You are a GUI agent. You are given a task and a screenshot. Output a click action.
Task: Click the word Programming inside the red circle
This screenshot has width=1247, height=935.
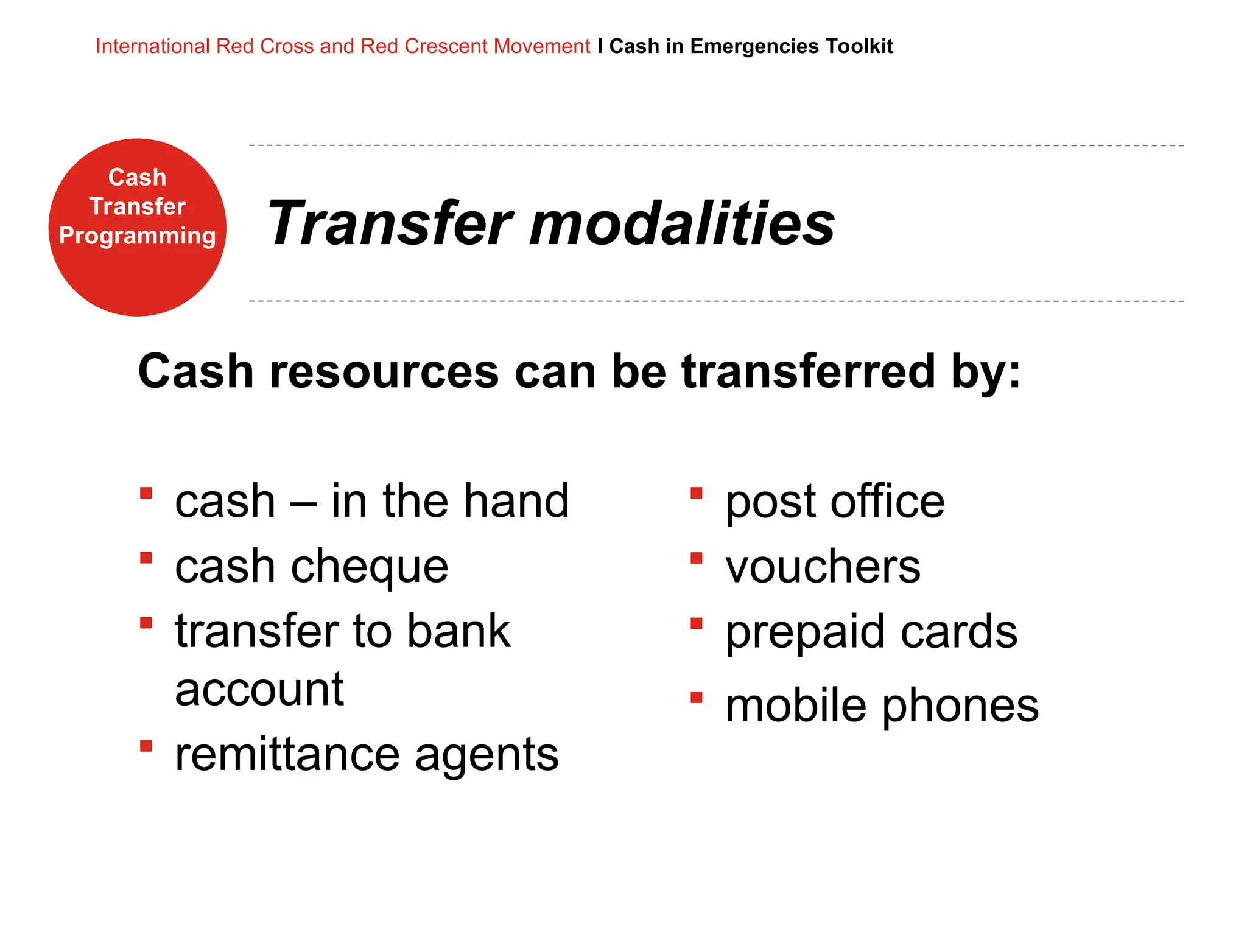point(137,236)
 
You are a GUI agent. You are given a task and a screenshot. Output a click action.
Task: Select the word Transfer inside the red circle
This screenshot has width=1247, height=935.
point(137,206)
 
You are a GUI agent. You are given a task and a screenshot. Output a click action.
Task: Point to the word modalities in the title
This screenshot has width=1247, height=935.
point(682,223)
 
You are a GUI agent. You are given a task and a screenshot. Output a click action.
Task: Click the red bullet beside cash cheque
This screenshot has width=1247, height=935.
point(146,558)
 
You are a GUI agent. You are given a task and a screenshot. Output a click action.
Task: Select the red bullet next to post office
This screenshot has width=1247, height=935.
point(697,492)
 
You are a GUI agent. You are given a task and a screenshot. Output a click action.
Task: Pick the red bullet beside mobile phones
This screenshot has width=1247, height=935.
point(697,697)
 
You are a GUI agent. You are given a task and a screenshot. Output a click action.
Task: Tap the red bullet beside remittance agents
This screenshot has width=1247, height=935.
point(146,746)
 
